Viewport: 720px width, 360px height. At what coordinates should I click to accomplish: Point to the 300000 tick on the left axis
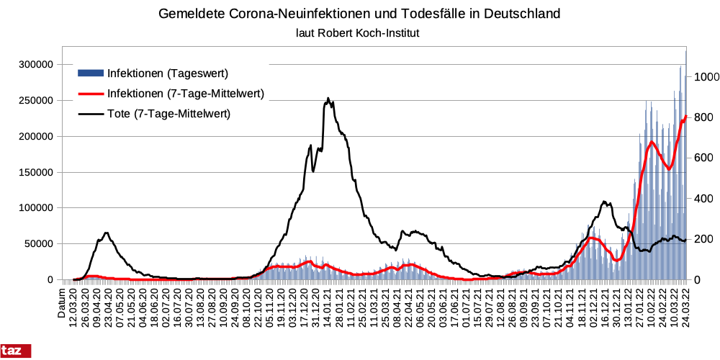[36, 64]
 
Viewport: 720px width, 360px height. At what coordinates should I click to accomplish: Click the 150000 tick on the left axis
[36, 172]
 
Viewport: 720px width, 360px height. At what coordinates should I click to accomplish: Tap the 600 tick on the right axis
[703, 158]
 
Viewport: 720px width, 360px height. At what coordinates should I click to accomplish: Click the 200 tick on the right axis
[703, 239]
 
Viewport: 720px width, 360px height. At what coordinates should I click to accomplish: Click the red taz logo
[15, 351]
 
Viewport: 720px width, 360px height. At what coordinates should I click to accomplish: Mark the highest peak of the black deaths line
[328, 99]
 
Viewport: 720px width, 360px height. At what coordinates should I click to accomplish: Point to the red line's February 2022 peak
[652, 142]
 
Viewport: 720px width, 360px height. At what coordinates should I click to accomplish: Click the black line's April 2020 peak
[107, 233]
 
